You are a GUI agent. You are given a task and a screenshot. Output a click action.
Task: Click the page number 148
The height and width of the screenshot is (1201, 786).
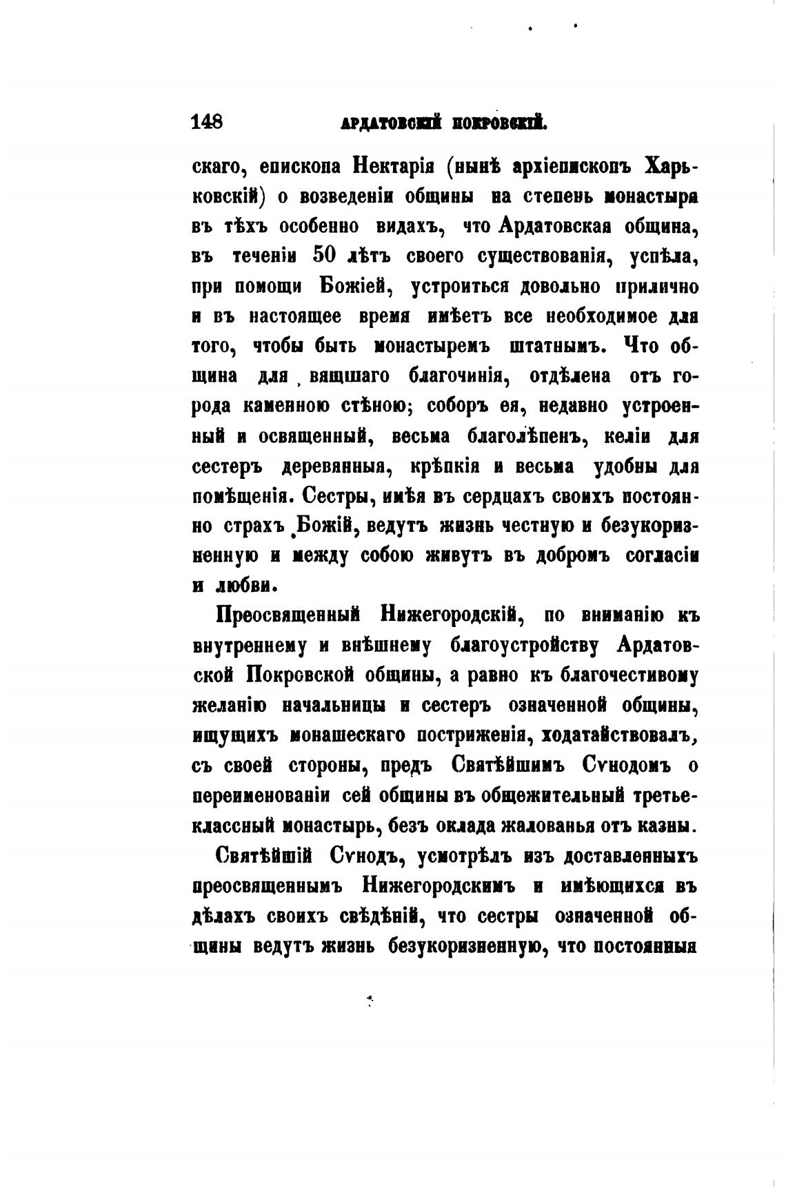[x=207, y=122]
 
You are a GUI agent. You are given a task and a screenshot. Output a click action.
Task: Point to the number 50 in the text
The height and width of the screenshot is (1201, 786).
[x=323, y=256]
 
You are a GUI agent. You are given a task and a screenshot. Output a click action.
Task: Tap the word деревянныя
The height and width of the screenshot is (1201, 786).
[x=337, y=466]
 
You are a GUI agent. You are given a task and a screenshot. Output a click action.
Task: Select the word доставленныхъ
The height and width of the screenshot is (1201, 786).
[x=632, y=856]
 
